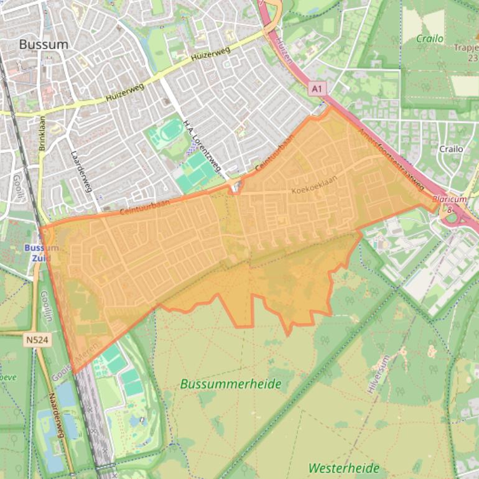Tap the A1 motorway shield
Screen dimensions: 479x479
[317, 89]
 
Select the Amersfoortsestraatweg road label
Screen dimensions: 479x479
[391, 160]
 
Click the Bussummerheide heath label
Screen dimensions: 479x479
[231, 384]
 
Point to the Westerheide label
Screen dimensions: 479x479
[344, 467]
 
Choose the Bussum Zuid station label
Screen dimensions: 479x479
[41, 252]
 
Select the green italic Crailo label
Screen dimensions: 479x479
[430, 39]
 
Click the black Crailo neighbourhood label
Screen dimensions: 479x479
[451, 149]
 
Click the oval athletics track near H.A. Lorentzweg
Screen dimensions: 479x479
[169, 132]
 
